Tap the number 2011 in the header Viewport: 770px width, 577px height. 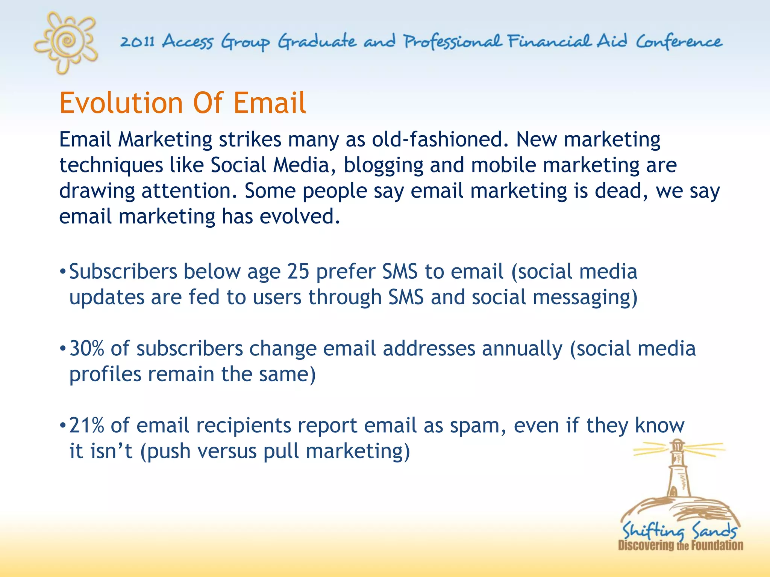tap(137, 42)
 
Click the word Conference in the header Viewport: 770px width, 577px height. tap(679, 42)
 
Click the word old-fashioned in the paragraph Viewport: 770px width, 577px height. tap(438, 140)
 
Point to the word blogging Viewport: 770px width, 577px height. tap(383, 166)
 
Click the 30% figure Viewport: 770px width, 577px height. tap(87, 349)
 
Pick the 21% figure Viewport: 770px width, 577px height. tap(87, 426)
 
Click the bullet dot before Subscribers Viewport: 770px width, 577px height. tap(63, 272)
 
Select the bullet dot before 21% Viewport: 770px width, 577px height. tap(63, 426)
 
